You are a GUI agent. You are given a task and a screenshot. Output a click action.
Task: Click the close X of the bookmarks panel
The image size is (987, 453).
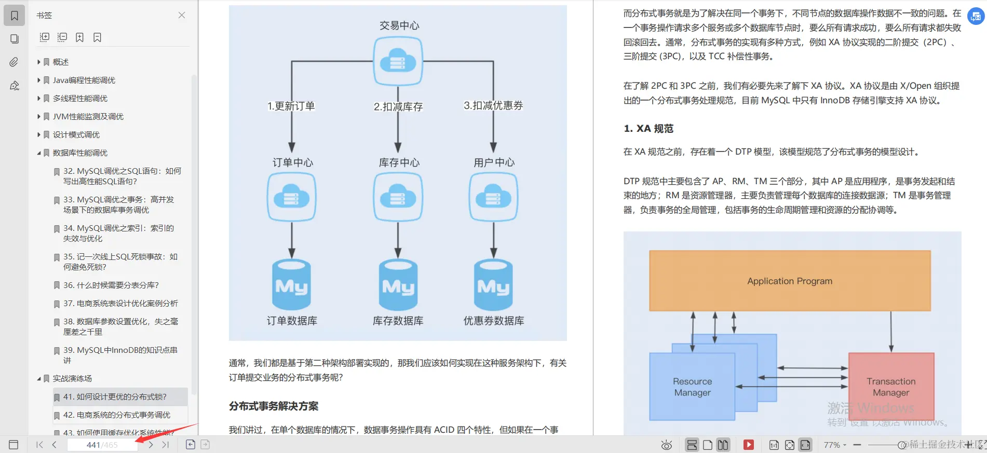182,15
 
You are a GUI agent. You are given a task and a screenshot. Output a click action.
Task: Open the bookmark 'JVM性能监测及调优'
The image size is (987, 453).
88,116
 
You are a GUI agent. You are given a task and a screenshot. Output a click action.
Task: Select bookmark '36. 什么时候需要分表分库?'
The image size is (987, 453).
111,285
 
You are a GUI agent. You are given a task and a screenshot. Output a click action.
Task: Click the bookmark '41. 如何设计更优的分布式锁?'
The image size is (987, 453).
114,396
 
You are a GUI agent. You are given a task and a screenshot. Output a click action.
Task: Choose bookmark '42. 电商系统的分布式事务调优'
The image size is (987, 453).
116,415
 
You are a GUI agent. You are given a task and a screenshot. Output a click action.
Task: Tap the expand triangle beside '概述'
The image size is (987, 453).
39,62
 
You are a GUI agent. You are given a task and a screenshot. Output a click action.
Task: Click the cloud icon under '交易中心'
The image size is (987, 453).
398,61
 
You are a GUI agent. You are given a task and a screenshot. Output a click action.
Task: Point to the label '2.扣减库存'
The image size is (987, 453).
398,106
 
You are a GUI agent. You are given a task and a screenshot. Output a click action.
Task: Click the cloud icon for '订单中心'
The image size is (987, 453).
292,197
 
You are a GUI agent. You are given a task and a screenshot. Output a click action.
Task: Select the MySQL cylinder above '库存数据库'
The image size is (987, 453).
398,285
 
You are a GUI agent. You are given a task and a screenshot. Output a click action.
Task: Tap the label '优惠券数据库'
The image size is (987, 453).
494,321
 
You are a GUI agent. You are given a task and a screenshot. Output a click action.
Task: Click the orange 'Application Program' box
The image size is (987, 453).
789,281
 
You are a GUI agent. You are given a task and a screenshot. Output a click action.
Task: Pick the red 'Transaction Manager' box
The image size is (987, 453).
891,387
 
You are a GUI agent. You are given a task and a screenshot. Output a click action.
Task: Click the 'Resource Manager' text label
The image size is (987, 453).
693,387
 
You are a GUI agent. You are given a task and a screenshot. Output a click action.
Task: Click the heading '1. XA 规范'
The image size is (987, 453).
648,128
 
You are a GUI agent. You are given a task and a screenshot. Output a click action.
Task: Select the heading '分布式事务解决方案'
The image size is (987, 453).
274,406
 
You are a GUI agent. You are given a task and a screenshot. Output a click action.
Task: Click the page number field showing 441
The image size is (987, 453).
102,445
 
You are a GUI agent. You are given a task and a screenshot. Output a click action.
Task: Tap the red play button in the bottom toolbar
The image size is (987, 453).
748,445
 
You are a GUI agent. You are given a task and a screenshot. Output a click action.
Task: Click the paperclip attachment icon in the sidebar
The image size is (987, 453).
14,62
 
